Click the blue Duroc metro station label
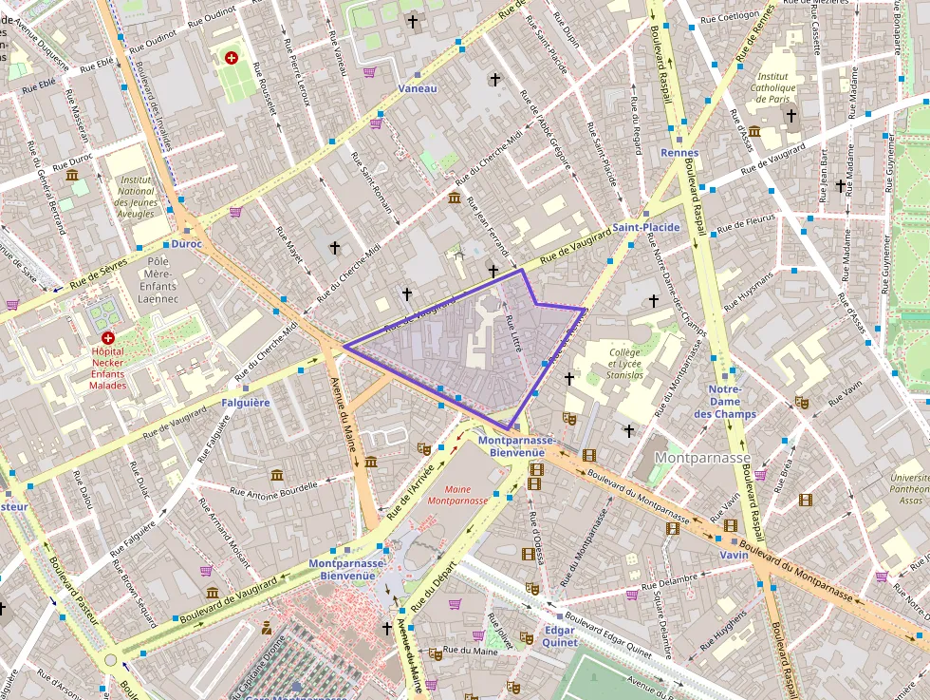(187, 243)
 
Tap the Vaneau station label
(418, 88)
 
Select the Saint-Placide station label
(645, 228)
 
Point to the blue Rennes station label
(679, 153)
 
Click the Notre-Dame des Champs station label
(724, 402)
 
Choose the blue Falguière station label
(246, 403)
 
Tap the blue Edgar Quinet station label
(559, 636)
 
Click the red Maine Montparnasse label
(457, 494)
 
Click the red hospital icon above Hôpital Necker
(107, 338)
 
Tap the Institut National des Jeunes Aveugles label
(137, 197)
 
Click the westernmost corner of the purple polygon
(344, 346)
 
